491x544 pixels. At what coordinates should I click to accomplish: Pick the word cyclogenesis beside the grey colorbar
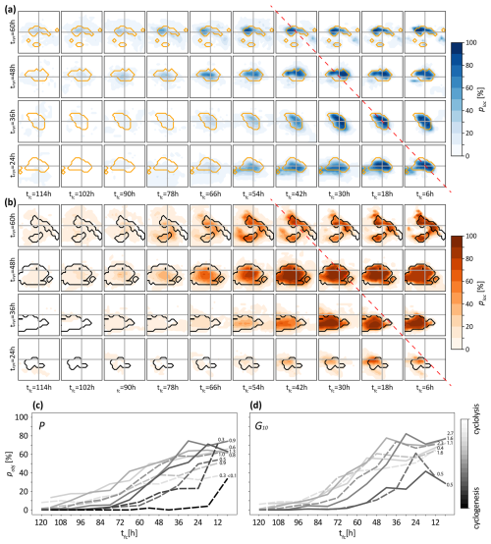tap(482, 491)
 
